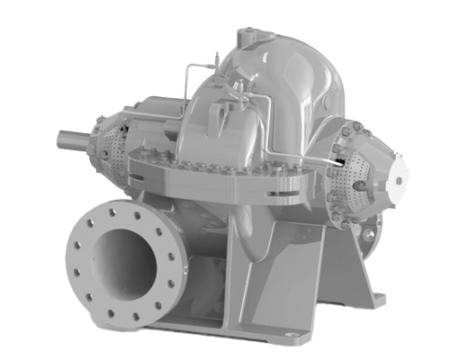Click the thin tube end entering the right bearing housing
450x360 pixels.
[x=334, y=162]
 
